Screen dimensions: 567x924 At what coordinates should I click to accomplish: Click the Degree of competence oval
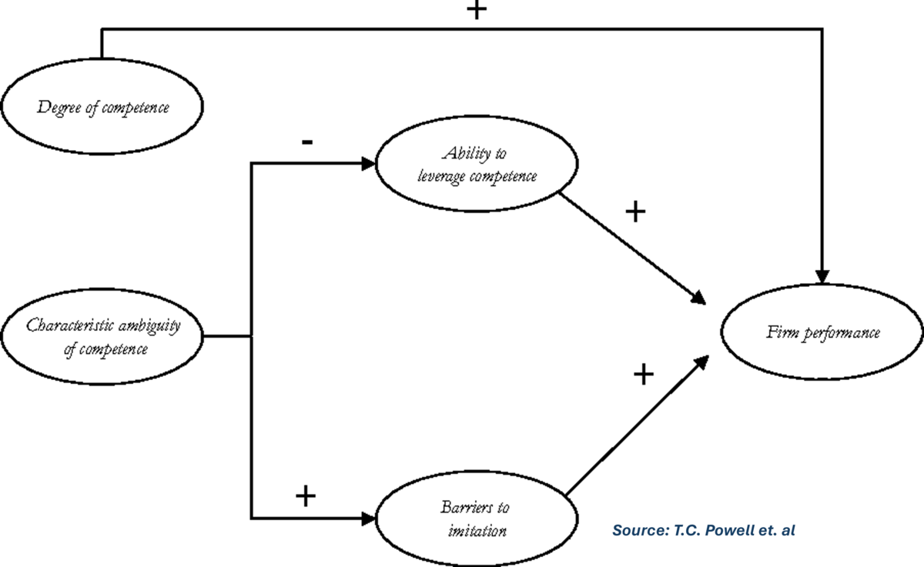pos(102,107)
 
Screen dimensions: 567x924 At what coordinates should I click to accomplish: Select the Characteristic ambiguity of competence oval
pos(102,336)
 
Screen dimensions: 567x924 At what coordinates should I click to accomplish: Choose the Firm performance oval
pos(822,333)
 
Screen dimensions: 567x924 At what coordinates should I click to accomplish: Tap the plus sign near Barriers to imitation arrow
pos(306,496)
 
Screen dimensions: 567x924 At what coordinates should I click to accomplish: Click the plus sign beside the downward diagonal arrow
pos(634,212)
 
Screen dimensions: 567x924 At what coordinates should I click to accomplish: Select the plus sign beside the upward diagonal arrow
pos(643,375)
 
